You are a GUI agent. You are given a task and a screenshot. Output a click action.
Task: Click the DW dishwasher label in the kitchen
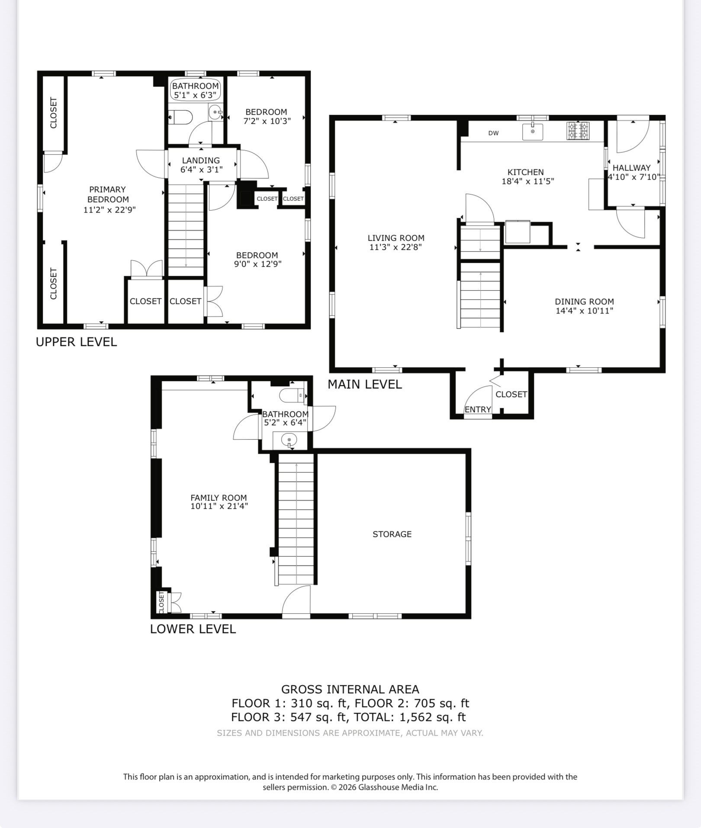[493, 133]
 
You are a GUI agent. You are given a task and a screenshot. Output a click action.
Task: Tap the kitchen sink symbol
[533, 131]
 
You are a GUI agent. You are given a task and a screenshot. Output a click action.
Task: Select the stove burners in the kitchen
[578, 131]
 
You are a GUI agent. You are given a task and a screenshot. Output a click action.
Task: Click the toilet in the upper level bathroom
[181, 117]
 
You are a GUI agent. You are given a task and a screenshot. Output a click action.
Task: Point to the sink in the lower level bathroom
[289, 440]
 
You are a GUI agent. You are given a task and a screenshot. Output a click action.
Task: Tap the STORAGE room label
[392, 534]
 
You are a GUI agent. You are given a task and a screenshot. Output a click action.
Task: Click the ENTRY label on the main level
[478, 409]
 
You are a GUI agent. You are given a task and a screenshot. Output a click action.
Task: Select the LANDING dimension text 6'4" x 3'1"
[201, 170]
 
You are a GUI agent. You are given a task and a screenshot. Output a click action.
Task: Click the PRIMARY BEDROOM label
[108, 194]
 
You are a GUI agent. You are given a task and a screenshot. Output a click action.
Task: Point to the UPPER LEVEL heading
[76, 342]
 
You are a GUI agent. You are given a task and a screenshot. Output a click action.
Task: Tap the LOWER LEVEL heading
[193, 629]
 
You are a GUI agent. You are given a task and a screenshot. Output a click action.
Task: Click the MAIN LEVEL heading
[365, 384]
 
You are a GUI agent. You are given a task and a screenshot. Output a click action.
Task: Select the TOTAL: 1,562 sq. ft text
[409, 717]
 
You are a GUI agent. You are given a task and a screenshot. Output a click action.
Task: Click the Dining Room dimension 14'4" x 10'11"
[584, 310]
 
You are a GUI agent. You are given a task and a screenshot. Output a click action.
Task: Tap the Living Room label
[396, 238]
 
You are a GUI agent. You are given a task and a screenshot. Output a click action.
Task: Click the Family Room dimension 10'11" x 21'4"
[219, 506]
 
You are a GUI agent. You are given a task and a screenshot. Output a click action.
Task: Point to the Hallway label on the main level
[631, 168]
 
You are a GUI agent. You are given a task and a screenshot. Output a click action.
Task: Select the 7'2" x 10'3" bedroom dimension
[267, 121]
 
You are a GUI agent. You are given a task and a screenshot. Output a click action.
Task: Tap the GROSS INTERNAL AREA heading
[350, 689]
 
